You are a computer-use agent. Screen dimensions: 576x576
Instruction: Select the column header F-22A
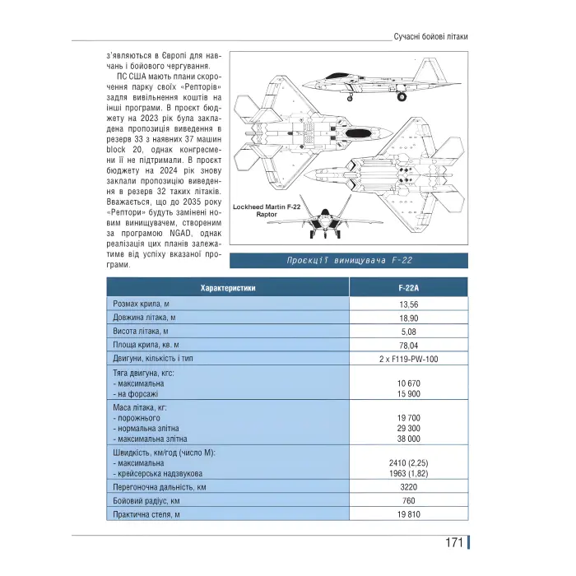(x=409, y=288)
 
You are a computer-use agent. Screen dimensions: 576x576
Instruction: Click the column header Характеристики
(x=228, y=288)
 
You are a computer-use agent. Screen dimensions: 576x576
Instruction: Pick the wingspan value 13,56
(x=409, y=304)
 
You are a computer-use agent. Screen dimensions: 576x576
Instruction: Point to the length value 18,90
(x=409, y=318)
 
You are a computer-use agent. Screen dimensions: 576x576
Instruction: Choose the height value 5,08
(x=409, y=332)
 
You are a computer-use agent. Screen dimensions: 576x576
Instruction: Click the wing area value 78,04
(x=409, y=346)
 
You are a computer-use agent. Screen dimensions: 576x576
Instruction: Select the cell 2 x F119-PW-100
(x=409, y=360)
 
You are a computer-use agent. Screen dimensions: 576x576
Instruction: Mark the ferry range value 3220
(x=409, y=486)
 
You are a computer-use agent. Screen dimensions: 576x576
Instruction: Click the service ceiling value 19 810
(x=409, y=514)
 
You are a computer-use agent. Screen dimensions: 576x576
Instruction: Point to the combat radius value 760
(x=409, y=500)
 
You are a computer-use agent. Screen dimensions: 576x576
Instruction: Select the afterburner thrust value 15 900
(x=409, y=394)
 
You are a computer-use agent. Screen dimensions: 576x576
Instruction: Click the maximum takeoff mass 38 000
(x=409, y=439)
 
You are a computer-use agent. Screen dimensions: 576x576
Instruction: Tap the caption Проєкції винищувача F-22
(x=349, y=261)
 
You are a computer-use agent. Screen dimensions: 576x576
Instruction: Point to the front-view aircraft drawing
(x=327, y=221)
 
